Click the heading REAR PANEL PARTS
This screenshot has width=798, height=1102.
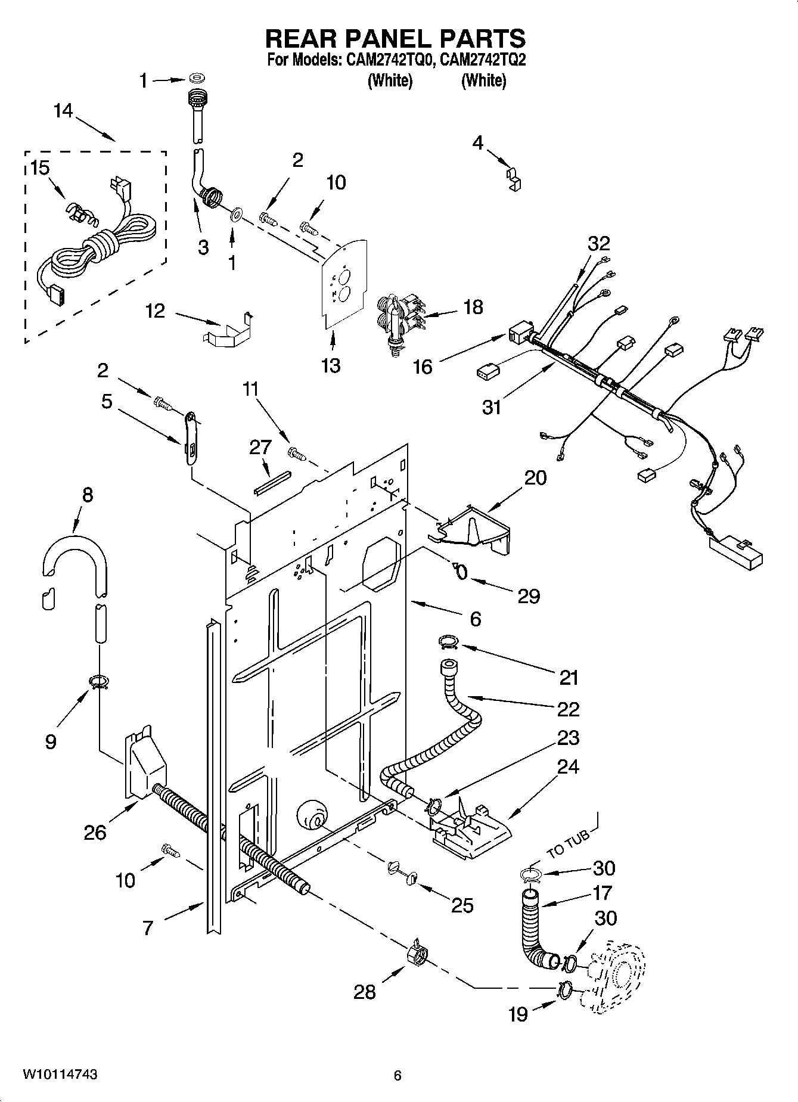395,39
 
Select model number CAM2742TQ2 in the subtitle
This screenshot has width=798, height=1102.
483,60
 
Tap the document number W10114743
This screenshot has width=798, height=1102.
60,1075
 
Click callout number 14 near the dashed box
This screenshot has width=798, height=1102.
63,111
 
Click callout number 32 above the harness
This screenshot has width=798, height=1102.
599,243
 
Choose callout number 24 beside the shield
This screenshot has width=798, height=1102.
567,766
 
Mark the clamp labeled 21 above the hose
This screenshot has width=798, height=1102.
448,642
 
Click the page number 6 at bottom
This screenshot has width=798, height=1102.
398,1075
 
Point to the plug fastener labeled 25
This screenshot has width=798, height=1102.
402,872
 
